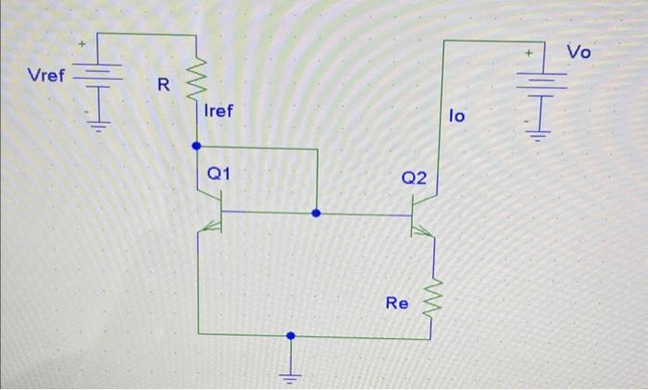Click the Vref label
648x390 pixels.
point(46,76)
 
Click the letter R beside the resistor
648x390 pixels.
point(163,87)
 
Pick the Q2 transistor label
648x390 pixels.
point(414,177)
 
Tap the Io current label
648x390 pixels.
point(457,116)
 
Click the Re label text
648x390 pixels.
point(396,301)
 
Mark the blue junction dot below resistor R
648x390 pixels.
point(195,146)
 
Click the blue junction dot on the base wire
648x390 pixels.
point(317,213)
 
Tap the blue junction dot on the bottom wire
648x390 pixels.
point(293,337)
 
